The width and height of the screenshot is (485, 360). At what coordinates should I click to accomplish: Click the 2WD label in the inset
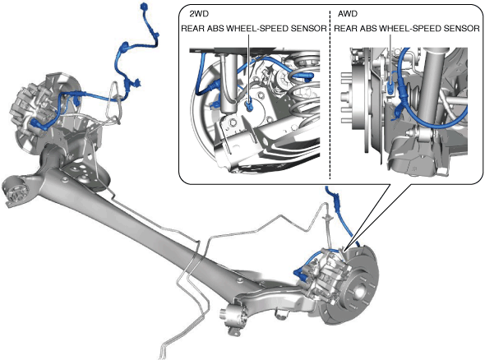tap(199, 14)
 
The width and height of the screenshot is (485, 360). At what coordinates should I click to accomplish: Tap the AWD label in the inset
tap(348, 14)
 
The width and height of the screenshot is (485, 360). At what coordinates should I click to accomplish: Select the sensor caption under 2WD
tap(254, 29)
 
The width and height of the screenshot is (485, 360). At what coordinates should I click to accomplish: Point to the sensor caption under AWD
tap(407, 29)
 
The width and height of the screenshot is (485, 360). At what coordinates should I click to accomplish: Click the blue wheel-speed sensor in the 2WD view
tap(249, 104)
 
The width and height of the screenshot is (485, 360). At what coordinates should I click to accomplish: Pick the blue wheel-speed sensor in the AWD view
tap(390, 88)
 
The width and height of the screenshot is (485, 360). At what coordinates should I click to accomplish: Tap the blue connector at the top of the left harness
tap(144, 7)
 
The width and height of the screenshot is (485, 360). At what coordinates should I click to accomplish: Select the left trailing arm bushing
tap(16, 190)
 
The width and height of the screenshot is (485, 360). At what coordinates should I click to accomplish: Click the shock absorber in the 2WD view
tap(229, 84)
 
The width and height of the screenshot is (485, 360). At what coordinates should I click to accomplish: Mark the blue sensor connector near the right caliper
tap(298, 275)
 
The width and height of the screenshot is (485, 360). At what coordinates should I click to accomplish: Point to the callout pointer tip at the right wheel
tap(344, 249)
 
